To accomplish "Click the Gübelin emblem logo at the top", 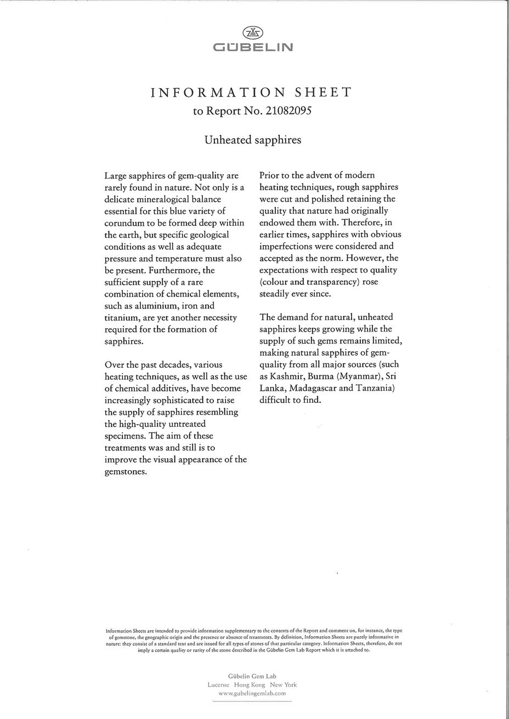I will tap(253, 33).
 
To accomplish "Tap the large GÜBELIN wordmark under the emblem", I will tap(253, 47).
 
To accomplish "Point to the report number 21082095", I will tap(289, 111).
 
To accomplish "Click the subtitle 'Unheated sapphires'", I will tap(253, 140).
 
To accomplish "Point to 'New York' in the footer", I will tap(283, 685).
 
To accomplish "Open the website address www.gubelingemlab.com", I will tap(253, 694).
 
